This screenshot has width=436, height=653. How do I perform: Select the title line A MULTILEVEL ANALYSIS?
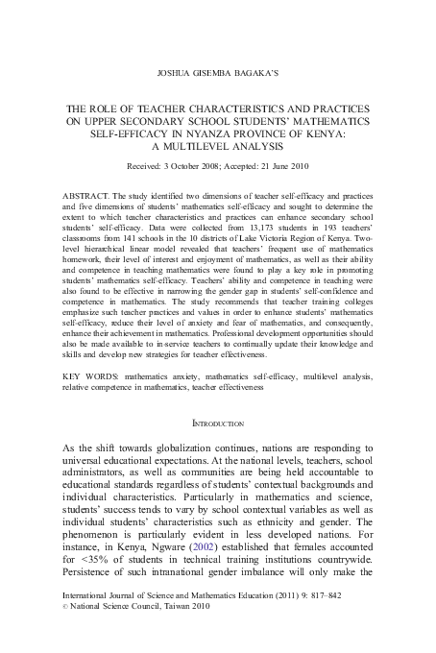click(x=217, y=148)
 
